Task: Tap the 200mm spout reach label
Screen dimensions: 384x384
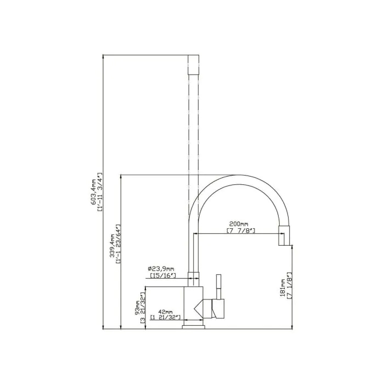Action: pyautogui.click(x=239, y=224)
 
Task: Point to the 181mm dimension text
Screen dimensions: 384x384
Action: pyautogui.click(x=283, y=288)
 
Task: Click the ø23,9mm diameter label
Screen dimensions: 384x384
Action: pyautogui.click(x=161, y=269)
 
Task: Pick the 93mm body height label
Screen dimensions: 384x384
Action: pyautogui.click(x=137, y=308)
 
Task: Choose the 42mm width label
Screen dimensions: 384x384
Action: pyautogui.click(x=166, y=312)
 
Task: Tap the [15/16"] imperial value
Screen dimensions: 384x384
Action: pyautogui.click(x=162, y=275)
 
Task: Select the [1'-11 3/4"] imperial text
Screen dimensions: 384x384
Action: pyautogui.click(x=100, y=192)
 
